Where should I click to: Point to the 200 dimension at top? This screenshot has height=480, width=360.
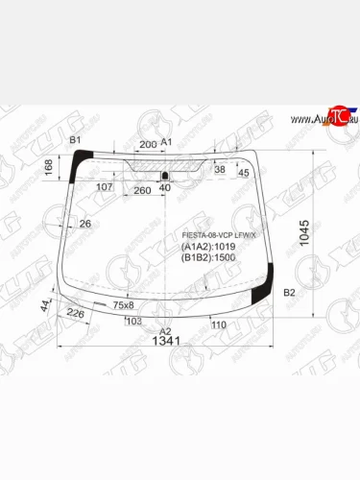(147, 144)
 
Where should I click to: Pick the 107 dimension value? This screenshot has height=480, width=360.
(105, 186)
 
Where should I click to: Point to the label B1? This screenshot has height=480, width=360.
(74, 141)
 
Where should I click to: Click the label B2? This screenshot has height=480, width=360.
(288, 292)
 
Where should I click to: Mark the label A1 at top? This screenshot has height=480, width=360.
(165, 142)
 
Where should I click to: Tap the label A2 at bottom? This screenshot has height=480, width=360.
(164, 330)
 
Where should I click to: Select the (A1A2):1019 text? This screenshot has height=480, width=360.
(207, 247)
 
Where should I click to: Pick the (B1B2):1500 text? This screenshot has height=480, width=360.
(207, 257)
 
